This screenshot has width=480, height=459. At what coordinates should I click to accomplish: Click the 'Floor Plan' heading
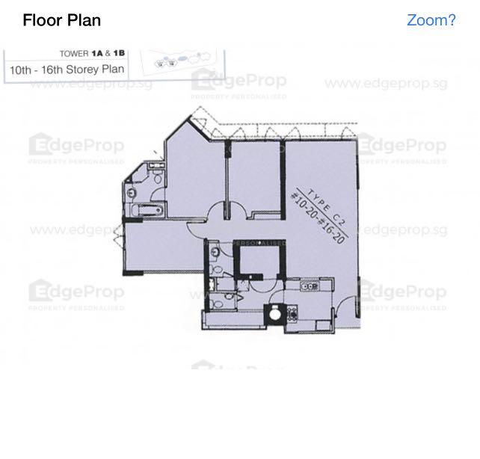pyautogui.click(x=62, y=20)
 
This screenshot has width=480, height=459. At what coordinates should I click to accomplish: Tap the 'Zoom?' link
pyautogui.click(x=431, y=20)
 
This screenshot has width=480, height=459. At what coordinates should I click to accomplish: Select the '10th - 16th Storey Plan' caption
pyautogui.click(x=66, y=71)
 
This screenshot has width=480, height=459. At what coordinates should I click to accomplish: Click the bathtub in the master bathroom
pyautogui.click(x=147, y=210)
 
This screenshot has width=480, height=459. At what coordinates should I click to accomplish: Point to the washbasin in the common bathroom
pyautogui.click(x=215, y=251)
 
